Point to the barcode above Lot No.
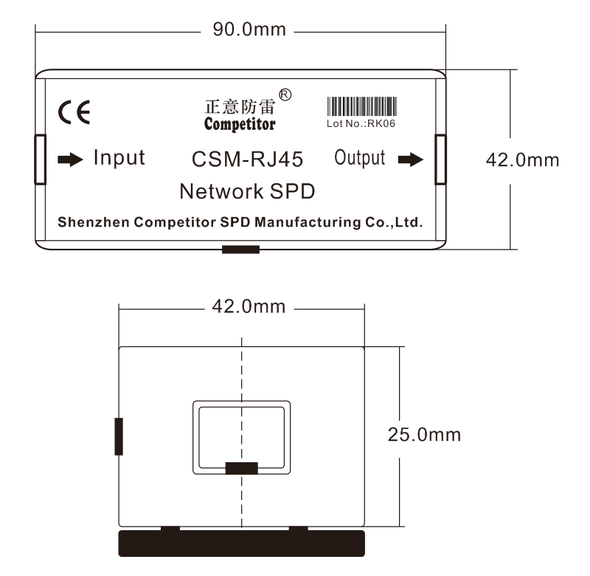[x=361, y=106]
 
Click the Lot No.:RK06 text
[x=361, y=124]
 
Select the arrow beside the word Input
[x=71, y=160]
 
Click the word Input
[x=119, y=158]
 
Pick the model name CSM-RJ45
[x=247, y=160]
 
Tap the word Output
[x=361, y=158]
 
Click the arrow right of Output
[x=411, y=160]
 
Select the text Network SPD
[x=247, y=192]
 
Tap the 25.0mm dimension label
[x=424, y=434]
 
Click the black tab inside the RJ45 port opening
[x=241, y=468]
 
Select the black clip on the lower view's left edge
[x=119, y=436]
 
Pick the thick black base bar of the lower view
[x=242, y=542]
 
